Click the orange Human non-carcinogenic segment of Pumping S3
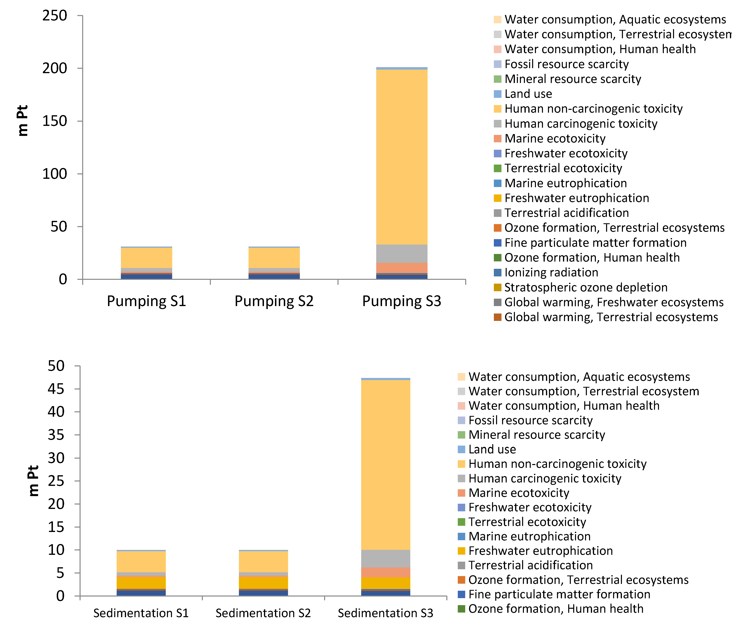tap(402, 157)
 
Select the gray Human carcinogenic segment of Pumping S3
tap(402, 254)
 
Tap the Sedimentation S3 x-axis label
tap(385, 613)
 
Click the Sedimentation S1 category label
tap(141, 613)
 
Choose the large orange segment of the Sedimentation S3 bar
tap(385, 464)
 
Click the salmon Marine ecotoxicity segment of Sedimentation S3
tap(385, 572)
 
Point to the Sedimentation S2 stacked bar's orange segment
tap(263, 561)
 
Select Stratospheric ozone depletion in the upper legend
tap(586, 287)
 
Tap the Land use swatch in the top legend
tap(497, 94)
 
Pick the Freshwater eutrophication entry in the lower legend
tap(540, 551)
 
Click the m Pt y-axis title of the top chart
tap(23, 120)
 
